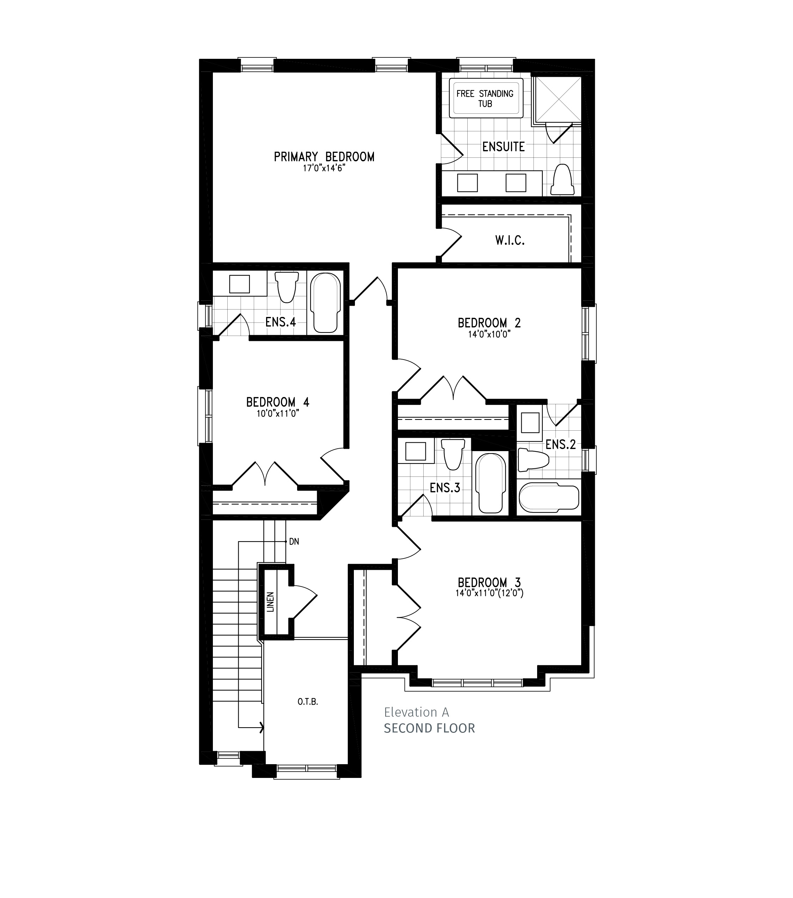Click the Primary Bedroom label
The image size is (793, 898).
pos(324,157)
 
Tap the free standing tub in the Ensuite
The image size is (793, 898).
pos(486,98)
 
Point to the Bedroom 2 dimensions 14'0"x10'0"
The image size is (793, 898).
pos(489,334)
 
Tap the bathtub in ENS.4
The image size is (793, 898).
pos(326,303)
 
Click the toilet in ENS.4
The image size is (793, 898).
pos(287,286)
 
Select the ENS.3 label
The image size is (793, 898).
pos(445,488)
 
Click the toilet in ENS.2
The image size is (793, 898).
pos(533,460)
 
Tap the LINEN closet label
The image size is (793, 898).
pos(270,602)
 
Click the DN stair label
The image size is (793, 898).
pos(294,542)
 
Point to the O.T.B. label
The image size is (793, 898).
pos(308,701)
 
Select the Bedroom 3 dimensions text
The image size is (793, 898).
pos(489,593)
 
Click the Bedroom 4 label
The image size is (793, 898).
pos(278,402)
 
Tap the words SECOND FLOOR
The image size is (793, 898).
pos(430,728)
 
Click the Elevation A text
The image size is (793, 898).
pos(416,712)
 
